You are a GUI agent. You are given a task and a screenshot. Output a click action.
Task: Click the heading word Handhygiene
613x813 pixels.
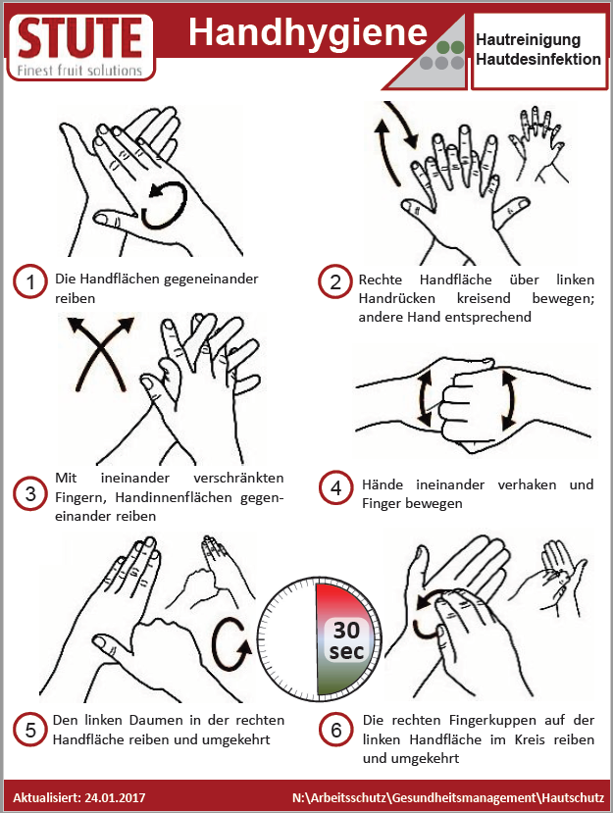(308, 33)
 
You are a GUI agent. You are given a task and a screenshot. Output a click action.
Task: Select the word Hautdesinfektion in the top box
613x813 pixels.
(538, 59)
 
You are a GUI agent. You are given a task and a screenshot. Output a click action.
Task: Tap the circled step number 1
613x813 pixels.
(30, 281)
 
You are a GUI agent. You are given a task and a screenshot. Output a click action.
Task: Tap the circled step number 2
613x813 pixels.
(335, 281)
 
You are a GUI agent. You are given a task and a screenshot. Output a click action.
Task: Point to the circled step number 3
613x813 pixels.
(30, 493)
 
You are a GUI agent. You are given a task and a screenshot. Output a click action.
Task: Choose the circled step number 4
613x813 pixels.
(335, 487)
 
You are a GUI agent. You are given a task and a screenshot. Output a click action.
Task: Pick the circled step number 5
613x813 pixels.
(30, 730)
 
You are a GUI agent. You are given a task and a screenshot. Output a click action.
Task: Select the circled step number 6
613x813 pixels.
(335, 730)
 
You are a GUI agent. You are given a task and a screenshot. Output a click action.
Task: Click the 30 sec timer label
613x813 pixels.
(346, 640)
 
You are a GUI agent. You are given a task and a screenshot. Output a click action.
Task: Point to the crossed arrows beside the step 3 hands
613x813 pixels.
(100, 353)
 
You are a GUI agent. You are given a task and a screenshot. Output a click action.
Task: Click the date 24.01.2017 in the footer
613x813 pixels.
(115, 797)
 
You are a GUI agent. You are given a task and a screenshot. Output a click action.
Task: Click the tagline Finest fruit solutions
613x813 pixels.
(79, 70)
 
